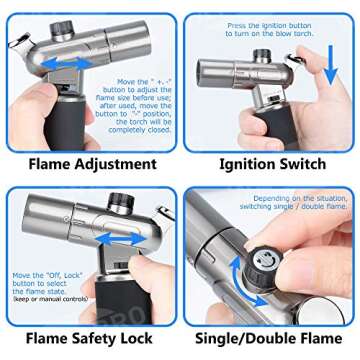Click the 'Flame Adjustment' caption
[92, 163]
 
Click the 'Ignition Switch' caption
[272, 163]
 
